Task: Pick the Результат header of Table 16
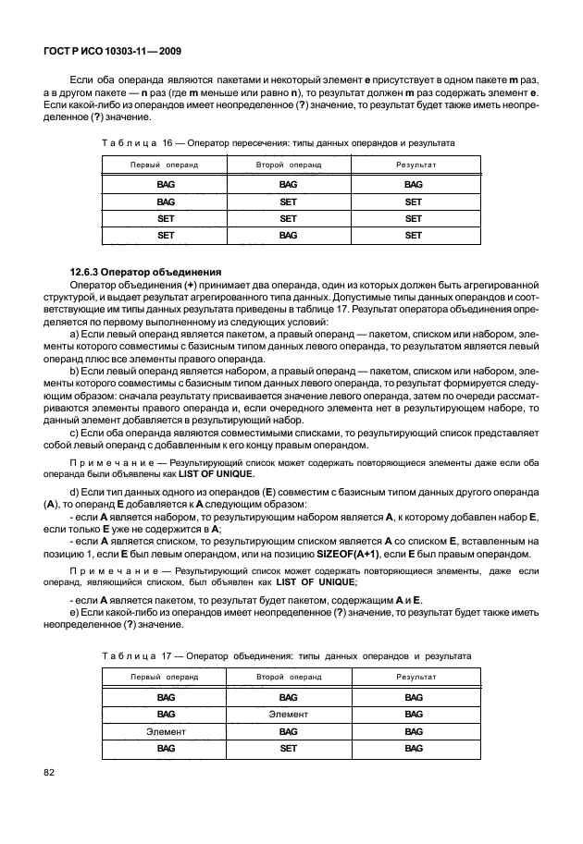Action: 415,165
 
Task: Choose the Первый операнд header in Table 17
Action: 165,677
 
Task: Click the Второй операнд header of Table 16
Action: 288,165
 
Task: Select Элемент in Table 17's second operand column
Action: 288,714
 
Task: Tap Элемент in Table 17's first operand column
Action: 165,730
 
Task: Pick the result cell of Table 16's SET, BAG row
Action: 414,235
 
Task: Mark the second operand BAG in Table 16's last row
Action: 288,235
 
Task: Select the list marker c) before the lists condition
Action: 75,431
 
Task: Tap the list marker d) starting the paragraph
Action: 75,491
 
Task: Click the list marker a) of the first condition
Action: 75,334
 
